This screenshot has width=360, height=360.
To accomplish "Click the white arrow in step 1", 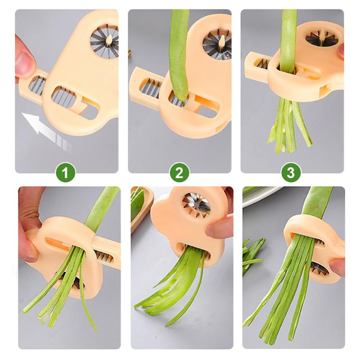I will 45,128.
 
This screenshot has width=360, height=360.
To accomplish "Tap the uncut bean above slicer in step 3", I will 288,31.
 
